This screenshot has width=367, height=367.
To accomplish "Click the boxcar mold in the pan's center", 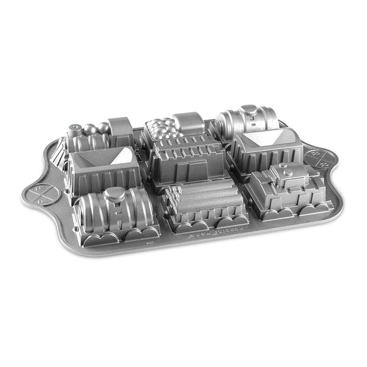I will click(x=187, y=159).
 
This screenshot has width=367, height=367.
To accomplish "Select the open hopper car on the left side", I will click(x=98, y=165).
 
